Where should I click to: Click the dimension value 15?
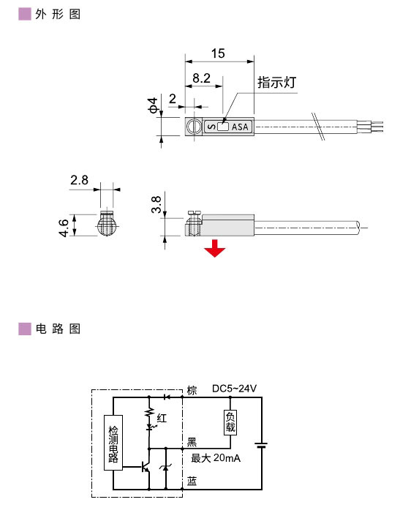tap(217, 53)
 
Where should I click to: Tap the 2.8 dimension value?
tap(80, 179)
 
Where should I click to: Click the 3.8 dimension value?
tap(156, 204)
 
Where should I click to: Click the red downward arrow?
tap(214, 249)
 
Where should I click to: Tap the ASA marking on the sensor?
tap(241, 127)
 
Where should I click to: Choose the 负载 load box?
tap(230, 421)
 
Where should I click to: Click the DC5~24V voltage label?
tap(235, 389)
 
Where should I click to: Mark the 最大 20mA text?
tap(216, 459)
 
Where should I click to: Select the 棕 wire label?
tap(192, 389)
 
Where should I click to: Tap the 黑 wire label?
tap(192, 441)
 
